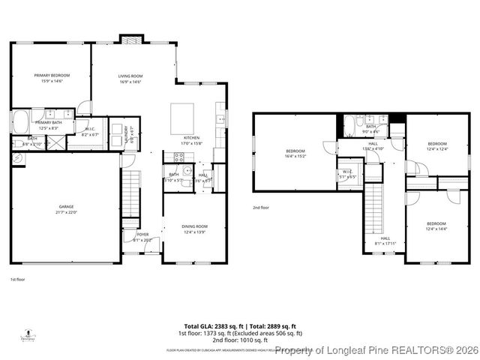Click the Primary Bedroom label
click(52, 76)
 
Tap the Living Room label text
click(131, 76)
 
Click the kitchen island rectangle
click(182, 118)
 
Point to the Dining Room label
click(194, 226)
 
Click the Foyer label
click(142, 235)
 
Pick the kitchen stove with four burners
click(179, 157)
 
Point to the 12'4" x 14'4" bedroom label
click(436, 226)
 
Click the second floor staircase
click(373, 206)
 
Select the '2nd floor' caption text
click(260, 208)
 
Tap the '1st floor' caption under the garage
click(17, 279)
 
